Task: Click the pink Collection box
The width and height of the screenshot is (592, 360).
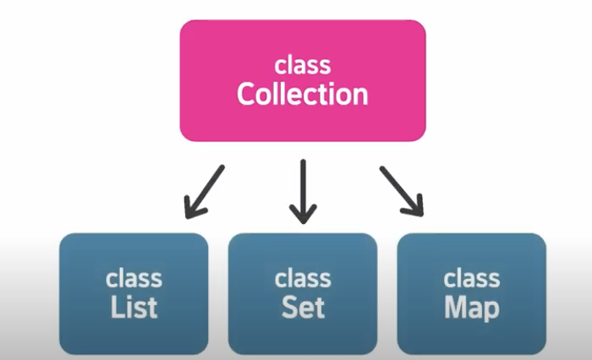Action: [302, 80]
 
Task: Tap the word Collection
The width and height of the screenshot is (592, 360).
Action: [302, 94]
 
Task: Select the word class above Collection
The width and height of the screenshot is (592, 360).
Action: [302, 66]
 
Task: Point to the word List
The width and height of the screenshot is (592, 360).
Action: [134, 308]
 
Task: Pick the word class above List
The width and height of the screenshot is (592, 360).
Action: [134, 280]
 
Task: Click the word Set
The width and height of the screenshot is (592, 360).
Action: [302, 308]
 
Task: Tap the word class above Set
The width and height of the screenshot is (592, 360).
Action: [302, 280]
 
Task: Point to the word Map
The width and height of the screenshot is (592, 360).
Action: [471, 308]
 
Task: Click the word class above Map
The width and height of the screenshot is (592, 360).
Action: [471, 280]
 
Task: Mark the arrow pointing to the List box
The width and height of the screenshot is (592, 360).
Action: [204, 189]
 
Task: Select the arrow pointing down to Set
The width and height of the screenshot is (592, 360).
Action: [302, 191]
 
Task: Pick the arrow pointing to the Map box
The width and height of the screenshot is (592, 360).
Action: [401, 190]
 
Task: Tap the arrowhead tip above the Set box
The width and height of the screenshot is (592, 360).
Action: [302, 218]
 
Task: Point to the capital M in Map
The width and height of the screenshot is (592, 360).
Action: [456, 308]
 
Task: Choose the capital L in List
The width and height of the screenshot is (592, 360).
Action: [117, 308]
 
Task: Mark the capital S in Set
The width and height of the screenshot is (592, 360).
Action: [288, 308]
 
